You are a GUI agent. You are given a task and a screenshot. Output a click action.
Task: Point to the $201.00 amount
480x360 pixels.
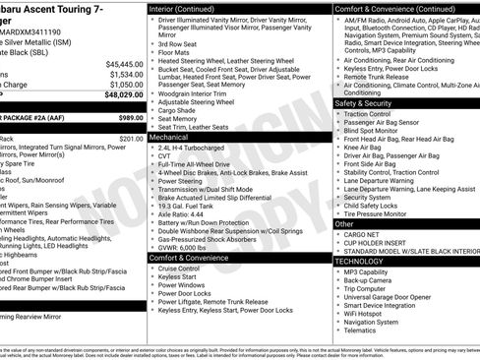pos(131,139)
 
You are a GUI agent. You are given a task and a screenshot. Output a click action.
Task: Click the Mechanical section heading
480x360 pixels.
pos(170,139)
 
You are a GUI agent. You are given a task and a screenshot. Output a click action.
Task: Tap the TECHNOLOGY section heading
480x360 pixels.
pos(360,261)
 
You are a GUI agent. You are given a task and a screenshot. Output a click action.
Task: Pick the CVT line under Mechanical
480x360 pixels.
pos(164,155)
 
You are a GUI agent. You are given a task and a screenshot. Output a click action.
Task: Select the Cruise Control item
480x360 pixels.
pos(179,268)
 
